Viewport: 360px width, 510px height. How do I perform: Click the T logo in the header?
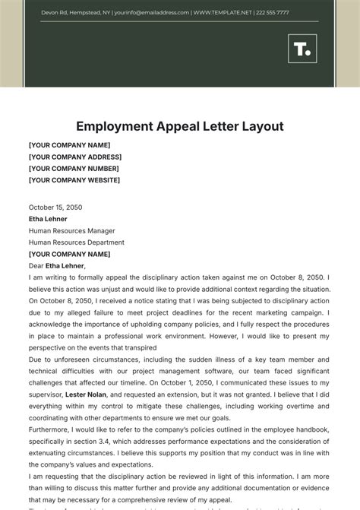(x=302, y=49)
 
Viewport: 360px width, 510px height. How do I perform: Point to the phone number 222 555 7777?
(x=272, y=13)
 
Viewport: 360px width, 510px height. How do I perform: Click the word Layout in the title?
(x=258, y=126)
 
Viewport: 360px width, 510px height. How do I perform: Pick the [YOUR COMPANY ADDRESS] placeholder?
(x=74, y=157)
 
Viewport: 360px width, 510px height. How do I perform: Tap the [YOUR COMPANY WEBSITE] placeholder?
(x=74, y=180)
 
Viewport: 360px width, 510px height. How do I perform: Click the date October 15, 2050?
(x=55, y=207)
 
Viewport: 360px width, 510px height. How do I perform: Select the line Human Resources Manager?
(x=71, y=230)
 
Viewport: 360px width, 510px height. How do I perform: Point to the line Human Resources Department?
(x=76, y=242)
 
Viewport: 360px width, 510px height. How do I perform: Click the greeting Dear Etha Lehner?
(x=57, y=266)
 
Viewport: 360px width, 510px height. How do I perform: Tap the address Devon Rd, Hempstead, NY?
(x=74, y=13)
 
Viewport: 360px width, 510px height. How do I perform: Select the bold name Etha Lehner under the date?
(x=48, y=219)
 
